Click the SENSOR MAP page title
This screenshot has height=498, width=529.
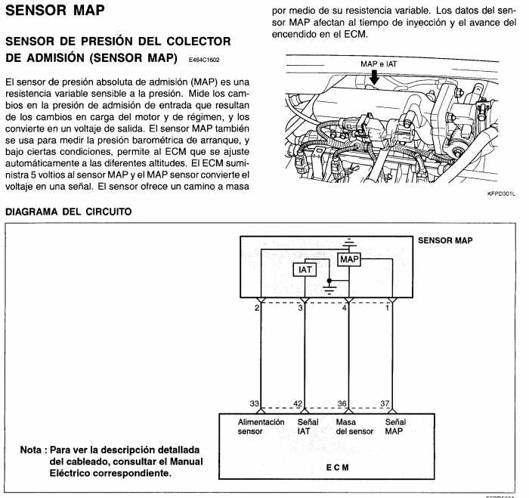point(54,11)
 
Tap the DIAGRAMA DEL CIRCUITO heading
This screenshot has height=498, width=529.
point(69,212)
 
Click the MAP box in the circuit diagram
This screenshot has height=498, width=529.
point(349,260)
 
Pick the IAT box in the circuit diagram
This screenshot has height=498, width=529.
point(305,270)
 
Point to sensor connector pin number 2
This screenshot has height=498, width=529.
point(258,308)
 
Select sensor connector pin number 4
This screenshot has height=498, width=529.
point(345,308)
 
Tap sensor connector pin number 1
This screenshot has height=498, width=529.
point(388,308)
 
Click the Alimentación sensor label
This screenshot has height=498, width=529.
point(261,427)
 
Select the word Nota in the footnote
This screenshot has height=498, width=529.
point(32,450)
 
